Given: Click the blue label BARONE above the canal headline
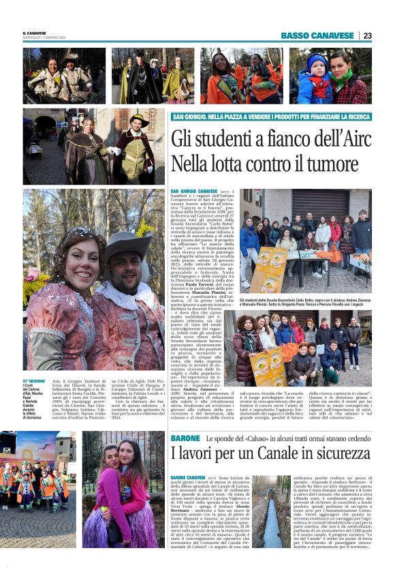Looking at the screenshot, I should pyautogui.click(x=185, y=438).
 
